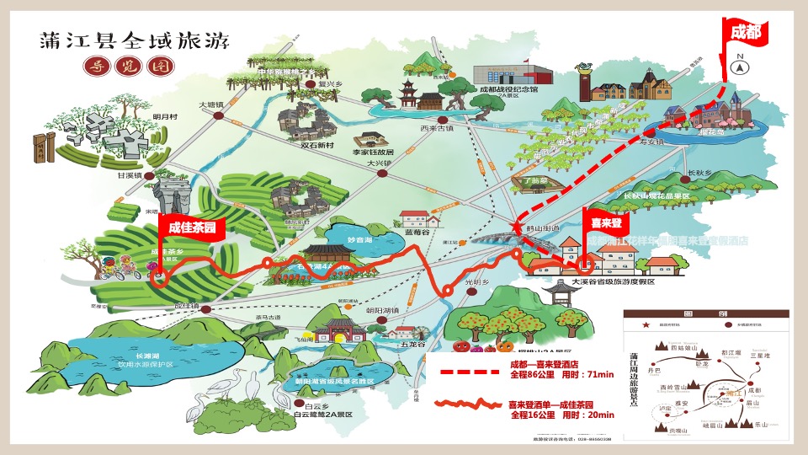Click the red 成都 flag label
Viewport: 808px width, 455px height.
(745, 32)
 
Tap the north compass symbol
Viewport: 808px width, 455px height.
(740, 67)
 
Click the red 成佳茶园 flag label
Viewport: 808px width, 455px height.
(192, 227)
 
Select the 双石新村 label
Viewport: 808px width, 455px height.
(317, 145)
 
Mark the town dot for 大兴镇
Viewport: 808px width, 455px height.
(383, 173)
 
